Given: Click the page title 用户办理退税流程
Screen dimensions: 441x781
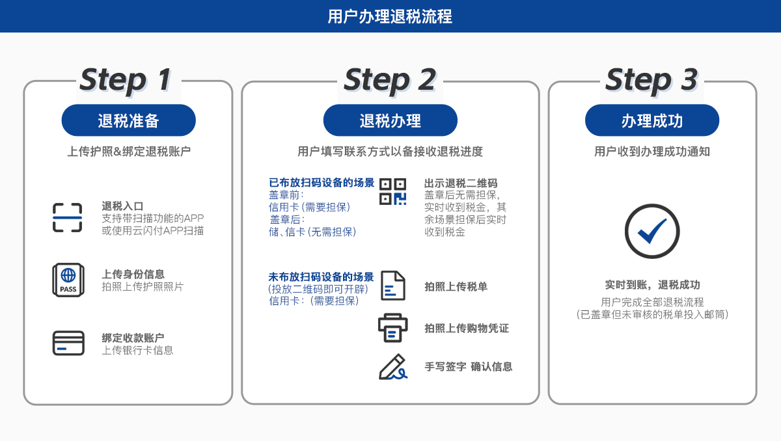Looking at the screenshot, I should click(390, 16).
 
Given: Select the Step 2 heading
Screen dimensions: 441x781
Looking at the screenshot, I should click(390, 79).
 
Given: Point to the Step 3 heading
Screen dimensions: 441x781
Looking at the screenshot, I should click(651, 79).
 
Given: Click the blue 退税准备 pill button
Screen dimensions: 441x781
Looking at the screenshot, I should click(128, 120).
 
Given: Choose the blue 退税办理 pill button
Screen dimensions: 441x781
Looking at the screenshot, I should click(390, 120).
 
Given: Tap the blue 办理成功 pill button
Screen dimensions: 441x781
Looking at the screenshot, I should click(651, 120).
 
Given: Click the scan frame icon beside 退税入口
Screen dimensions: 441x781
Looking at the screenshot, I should click(68, 217).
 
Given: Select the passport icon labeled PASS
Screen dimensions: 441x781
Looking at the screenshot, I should click(68, 280).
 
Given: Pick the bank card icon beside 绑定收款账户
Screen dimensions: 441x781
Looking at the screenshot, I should click(68, 343).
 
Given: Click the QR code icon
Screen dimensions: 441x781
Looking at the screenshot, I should click(392, 192).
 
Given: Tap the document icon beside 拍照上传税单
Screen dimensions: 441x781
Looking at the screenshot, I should click(392, 286).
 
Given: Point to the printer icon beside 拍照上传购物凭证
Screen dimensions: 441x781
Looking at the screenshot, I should click(392, 327).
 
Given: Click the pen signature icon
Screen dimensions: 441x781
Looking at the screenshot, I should click(392, 367).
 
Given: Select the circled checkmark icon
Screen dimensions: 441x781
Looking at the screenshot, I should click(651, 232).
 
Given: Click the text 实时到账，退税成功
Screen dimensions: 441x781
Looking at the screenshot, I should click(652, 285).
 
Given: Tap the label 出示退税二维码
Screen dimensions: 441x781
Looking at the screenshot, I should click(461, 183).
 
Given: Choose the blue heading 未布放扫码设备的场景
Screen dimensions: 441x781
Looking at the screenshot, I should click(321, 276).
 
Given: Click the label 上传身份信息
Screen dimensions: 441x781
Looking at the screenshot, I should click(133, 274).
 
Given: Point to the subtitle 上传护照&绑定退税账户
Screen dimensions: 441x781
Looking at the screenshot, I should click(128, 152).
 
